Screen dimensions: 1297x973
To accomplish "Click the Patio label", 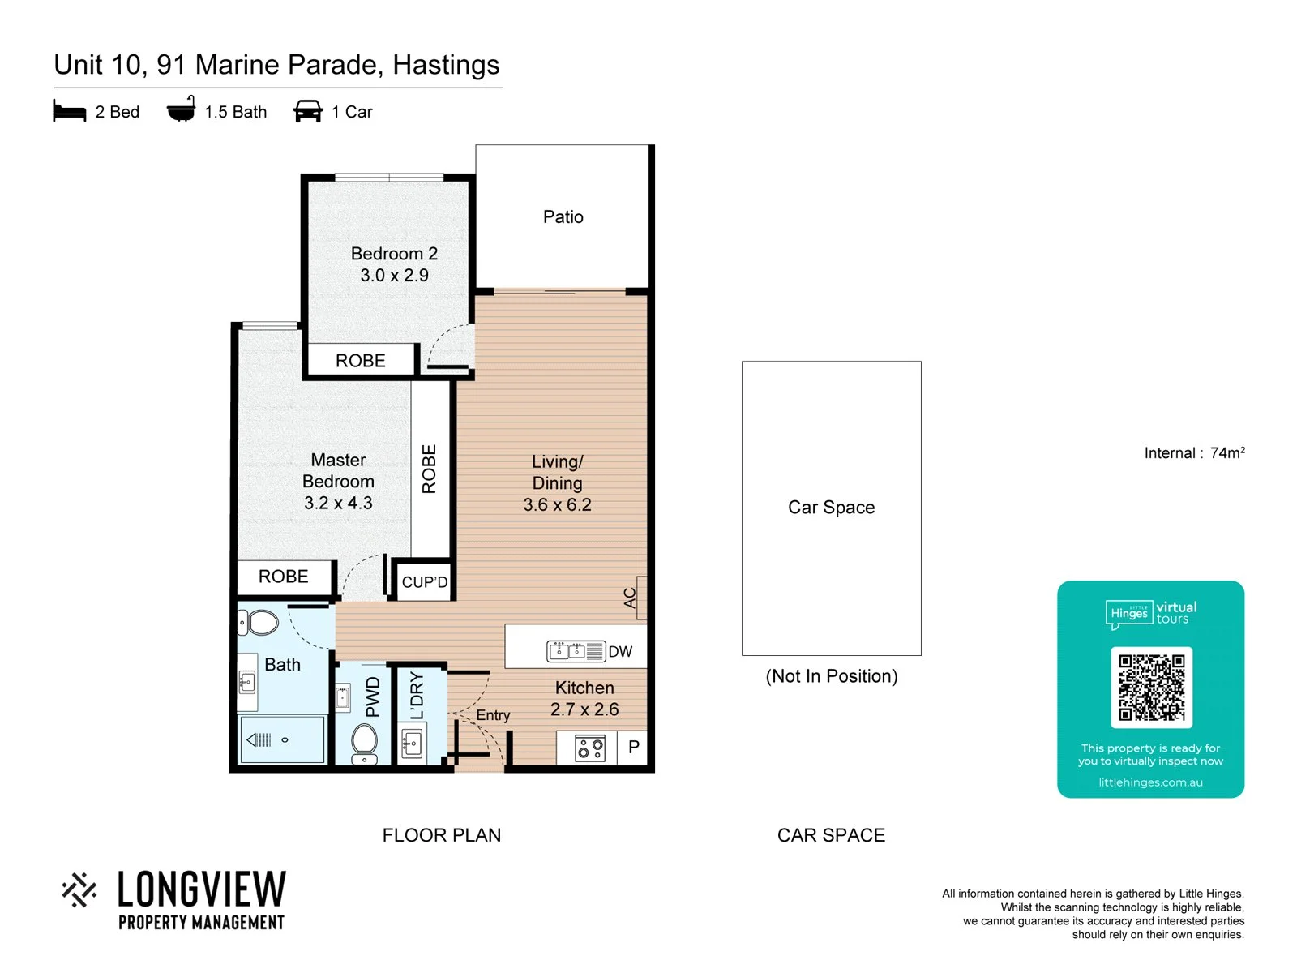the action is click(x=563, y=216).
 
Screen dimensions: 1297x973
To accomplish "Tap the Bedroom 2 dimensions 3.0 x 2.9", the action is click(x=394, y=276).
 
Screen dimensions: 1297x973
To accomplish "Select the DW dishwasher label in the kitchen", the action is click(x=620, y=652).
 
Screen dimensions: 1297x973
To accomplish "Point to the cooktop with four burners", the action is click(x=589, y=748).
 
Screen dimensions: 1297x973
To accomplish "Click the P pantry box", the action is click(x=633, y=748).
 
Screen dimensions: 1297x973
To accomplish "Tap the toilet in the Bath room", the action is click(x=259, y=623).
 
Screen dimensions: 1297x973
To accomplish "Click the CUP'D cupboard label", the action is click(x=424, y=582).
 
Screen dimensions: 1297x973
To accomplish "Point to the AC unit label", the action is click(x=630, y=598).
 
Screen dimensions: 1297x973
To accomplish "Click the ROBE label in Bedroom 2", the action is click(x=361, y=360).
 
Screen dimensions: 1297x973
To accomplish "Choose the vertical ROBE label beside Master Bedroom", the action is click(x=429, y=469).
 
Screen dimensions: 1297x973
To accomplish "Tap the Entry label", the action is click(x=493, y=715).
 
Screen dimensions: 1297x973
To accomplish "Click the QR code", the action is click(x=1151, y=687).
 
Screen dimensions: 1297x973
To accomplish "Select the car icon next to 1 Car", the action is click(x=308, y=111).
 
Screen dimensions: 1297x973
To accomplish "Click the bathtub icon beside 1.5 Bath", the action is click(x=181, y=109).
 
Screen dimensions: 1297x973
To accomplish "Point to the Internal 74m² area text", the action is click(x=1193, y=452).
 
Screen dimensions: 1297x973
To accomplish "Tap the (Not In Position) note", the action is click(x=831, y=676).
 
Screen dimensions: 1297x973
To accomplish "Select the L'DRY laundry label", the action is click(x=417, y=696).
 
